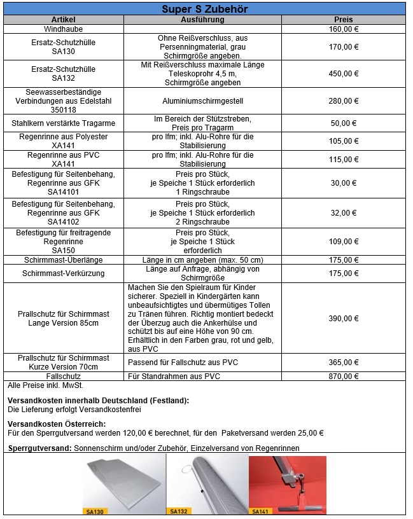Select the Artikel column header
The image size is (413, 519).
pyautogui.click(x=63, y=20)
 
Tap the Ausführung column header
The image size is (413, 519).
pyautogui.click(x=202, y=20)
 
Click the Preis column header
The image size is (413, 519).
pyautogui.click(x=343, y=20)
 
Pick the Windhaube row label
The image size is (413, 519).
pyautogui.click(x=63, y=29)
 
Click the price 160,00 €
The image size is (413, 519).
pyautogui.click(x=344, y=29)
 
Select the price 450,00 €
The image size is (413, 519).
pyautogui.click(x=344, y=73)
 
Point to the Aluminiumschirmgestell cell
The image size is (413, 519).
pyautogui.click(x=202, y=100)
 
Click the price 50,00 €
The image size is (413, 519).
pyautogui.click(x=344, y=123)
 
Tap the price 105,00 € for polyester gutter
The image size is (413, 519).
pyautogui.click(x=344, y=141)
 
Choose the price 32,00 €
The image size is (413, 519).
pyautogui.click(x=344, y=212)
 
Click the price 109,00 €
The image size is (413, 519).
pyautogui.click(x=344, y=242)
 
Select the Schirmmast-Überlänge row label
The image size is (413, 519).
pyautogui.click(x=63, y=259)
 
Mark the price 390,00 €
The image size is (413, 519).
pyautogui.click(x=344, y=318)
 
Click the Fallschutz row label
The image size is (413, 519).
pyautogui.click(x=63, y=377)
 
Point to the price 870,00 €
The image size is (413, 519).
pyautogui.click(x=344, y=377)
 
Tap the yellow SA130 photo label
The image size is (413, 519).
pyautogui.click(x=96, y=510)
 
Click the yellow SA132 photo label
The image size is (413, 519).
pyautogui.click(x=178, y=510)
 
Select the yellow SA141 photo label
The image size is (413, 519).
pyautogui.click(x=260, y=510)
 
